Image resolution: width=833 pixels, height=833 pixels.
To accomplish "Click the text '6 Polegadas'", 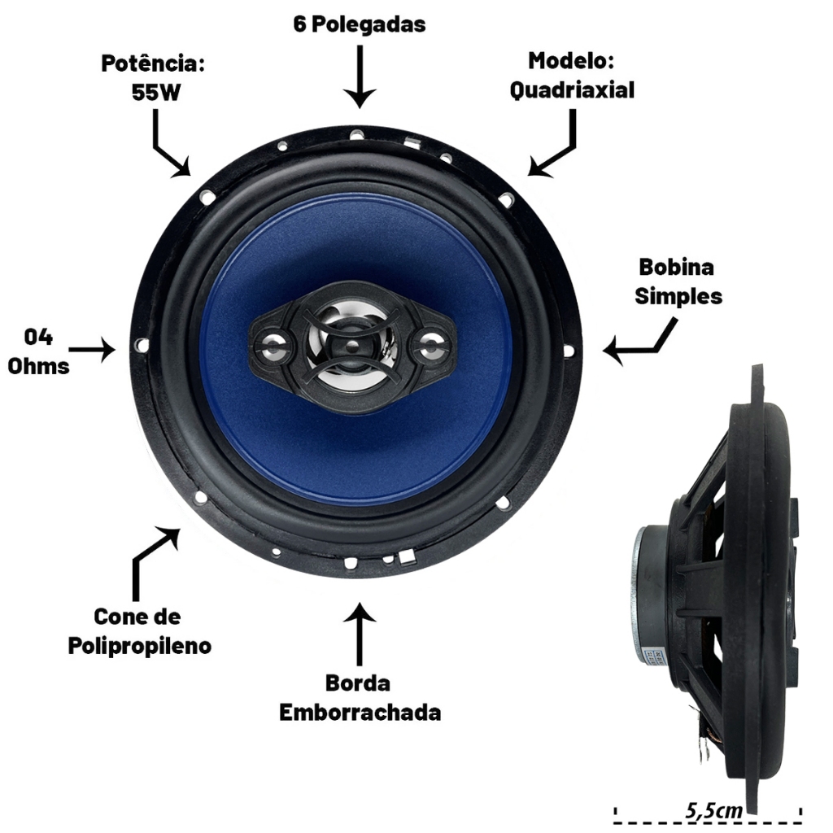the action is coord(360,24).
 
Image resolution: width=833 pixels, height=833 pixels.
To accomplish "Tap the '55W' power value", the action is coord(156,93).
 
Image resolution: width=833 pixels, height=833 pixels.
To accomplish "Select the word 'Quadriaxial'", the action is coord(572,90).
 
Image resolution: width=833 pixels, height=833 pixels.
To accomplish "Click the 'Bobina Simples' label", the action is coord(678,281).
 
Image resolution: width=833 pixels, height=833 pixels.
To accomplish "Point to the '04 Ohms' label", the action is coord(38,351).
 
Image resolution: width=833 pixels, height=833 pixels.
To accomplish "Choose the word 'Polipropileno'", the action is coord(140,646).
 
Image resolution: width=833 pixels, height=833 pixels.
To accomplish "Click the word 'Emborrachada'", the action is coord(360,713).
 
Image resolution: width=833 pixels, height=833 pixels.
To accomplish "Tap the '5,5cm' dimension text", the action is coord(713,810).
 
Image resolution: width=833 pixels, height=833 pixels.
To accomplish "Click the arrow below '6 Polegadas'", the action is coord(360,76).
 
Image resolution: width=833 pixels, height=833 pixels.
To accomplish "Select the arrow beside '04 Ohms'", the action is coord(92,350).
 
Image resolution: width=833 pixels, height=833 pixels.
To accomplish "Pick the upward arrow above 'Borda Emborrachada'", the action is coord(360,634).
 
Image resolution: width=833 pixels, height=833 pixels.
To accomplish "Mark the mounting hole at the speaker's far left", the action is coord(142,345).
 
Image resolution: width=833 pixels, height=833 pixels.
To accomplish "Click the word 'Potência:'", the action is coord(153,63).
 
